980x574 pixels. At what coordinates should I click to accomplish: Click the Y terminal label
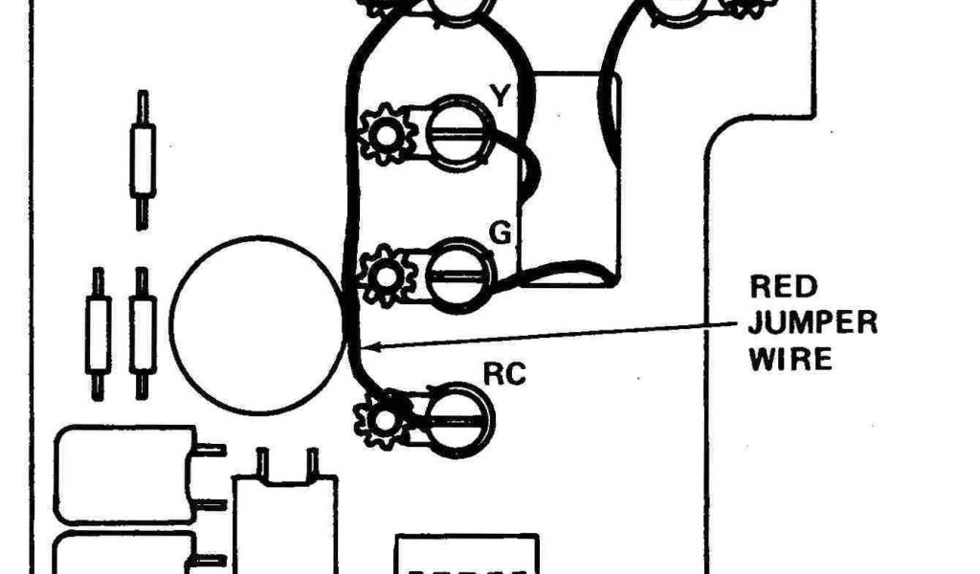coord(500,96)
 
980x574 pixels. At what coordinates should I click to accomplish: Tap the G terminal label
coord(500,232)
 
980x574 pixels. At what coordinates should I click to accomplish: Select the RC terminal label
coord(505,374)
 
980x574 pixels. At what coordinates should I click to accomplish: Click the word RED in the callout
coord(783,287)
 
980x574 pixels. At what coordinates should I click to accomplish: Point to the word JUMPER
coord(813,322)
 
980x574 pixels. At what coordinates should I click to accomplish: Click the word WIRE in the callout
coord(791,360)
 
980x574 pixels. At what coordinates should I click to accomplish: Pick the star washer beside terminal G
coord(386,276)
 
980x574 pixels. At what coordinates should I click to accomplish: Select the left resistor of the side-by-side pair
coord(98,334)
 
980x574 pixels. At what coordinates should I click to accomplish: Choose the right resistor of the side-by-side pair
coord(143,334)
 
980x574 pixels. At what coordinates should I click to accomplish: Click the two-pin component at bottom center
coord(285,517)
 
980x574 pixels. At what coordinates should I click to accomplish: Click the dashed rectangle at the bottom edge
coord(468,555)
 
